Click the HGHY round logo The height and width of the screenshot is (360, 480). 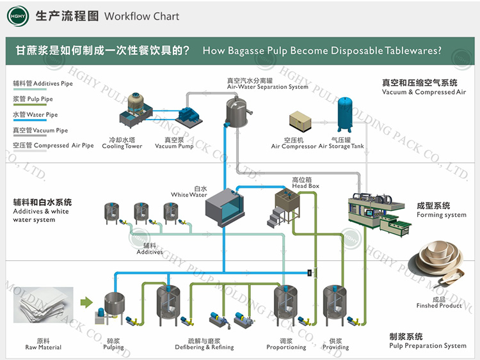click(18, 16)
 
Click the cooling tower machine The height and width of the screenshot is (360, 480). click(136, 110)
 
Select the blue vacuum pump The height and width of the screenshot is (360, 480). click(189, 116)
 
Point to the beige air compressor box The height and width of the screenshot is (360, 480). click(300, 121)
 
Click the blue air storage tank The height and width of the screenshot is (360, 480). click(345, 114)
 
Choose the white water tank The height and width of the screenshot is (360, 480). click(225, 208)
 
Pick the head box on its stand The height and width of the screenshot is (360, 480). click(284, 208)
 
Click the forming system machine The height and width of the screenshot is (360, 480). click(380, 215)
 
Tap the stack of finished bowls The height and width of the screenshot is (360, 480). click(438, 263)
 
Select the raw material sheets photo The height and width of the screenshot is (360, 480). click(43, 305)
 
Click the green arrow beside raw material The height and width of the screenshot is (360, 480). click(86, 302)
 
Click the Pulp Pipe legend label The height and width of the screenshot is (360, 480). click(33, 99)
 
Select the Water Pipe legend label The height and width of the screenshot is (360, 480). click(35, 114)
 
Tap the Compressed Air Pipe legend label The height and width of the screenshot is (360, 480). click(53, 145)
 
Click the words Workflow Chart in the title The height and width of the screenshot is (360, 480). click(141, 16)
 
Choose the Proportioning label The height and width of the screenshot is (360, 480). click(286, 347)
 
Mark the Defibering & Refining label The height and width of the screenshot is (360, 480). click(204, 347)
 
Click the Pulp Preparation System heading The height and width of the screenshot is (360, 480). click(428, 346)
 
